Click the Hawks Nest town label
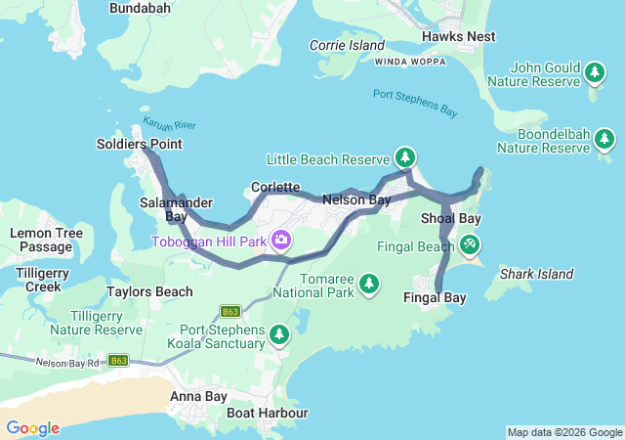click(x=458, y=36)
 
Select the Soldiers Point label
click(x=139, y=144)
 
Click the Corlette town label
click(x=274, y=186)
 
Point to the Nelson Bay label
click(x=356, y=199)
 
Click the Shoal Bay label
click(x=450, y=218)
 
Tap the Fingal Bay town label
click(x=435, y=296)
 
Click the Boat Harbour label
click(x=267, y=413)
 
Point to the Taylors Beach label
click(x=149, y=291)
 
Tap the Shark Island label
click(x=536, y=274)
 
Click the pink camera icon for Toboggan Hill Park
click(x=281, y=240)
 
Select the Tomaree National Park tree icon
click(x=368, y=284)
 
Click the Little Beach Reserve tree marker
click(x=404, y=157)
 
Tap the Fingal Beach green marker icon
click(x=471, y=242)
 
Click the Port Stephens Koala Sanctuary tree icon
click(x=279, y=335)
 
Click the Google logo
click(x=32, y=428)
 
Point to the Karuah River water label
click(x=170, y=125)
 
